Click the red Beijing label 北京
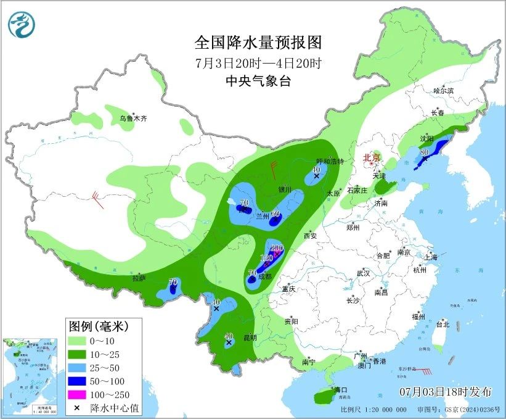pos(372,157)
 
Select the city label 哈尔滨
pos(443,91)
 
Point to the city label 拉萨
pos(139,278)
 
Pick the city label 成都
pos(264,276)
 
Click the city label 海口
pos(341,390)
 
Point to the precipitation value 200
pos(277,247)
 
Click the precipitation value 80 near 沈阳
pos(424,152)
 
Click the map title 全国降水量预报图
pos(258,43)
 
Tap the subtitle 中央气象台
pos(258,81)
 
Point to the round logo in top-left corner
pos(21,23)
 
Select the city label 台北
pos(443,324)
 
